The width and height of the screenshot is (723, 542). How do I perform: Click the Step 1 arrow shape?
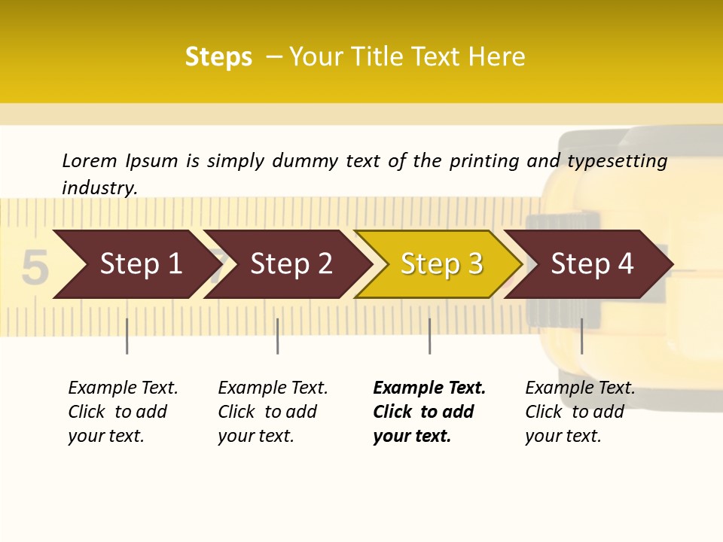point(136,264)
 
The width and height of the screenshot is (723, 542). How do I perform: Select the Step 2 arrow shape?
point(290,264)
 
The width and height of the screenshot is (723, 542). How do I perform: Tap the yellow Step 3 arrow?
point(441,264)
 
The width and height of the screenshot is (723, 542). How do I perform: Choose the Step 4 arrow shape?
point(591,264)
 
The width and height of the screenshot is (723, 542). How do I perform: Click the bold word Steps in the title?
point(218,57)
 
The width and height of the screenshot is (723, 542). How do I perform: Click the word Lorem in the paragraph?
point(90,160)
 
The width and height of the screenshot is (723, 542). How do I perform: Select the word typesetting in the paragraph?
point(617,161)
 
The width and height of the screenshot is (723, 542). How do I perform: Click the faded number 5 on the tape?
point(35,269)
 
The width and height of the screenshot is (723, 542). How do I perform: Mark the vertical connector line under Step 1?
point(127,336)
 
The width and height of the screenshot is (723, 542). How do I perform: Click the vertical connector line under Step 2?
point(278,336)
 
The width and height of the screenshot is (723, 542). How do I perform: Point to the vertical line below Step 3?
point(430,336)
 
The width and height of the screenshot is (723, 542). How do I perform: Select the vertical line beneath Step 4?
point(581,336)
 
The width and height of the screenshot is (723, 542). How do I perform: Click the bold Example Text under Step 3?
point(429,388)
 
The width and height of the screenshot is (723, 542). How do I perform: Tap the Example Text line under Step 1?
point(123,388)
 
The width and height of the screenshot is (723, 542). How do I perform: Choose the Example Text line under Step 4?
point(580,388)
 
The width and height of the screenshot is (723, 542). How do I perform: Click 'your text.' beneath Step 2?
point(255,436)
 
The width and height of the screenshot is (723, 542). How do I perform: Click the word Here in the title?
point(496,57)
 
